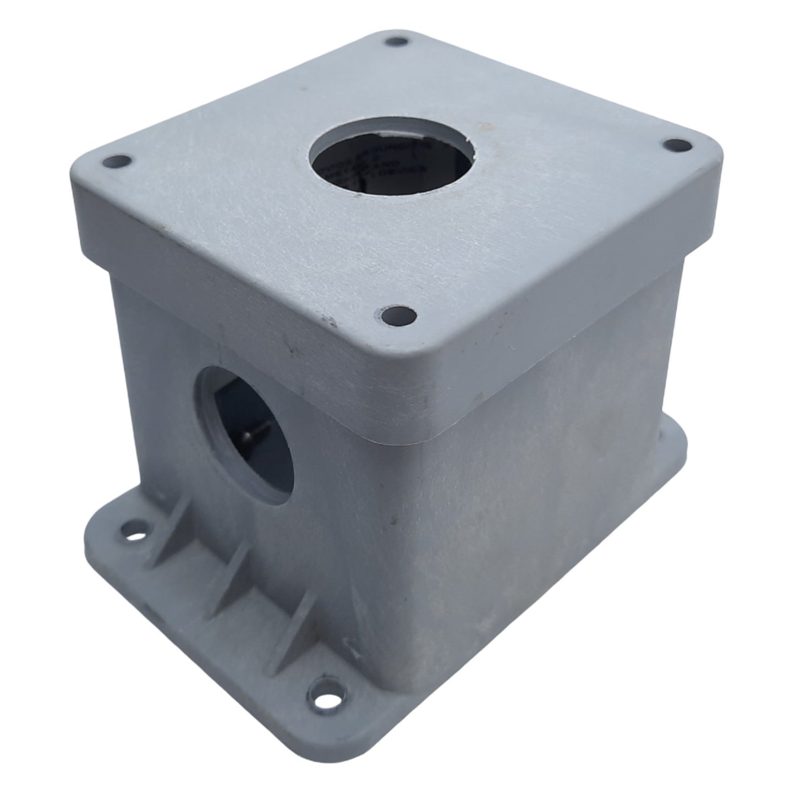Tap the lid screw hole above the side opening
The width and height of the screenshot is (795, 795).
[x=117, y=162]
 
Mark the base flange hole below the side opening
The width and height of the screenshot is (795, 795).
[x=134, y=532]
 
